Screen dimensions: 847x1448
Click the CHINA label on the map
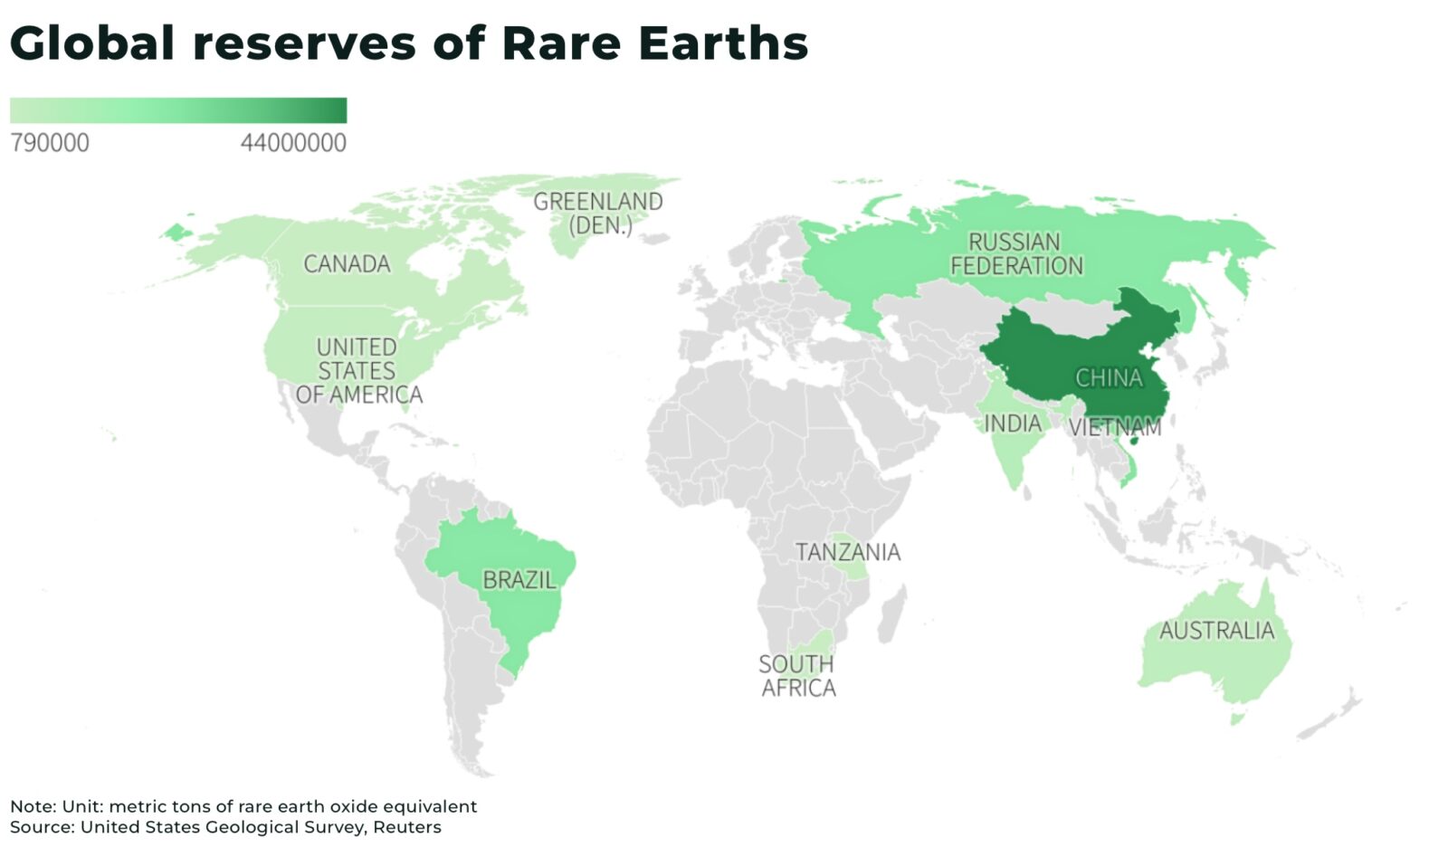pyautogui.click(x=1109, y=377)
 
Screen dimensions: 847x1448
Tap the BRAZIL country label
pyautogui.click(x=519, y=579)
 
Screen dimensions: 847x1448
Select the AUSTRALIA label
pyautogui.click(x=1216, y=630)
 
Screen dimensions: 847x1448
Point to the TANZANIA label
pyautogui.click(x=847, y=552)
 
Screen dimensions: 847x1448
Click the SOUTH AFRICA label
pyautogui.click(x=797, y=676)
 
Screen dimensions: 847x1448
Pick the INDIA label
pyautogui.click(x=1013, y=423)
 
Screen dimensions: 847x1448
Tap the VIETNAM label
pyautogui.click(x=1115, y=427)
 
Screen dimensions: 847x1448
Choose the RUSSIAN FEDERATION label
pyautogui.click(x=1015, y=254)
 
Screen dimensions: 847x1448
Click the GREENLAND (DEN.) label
pyautogui.click(x=598, y=214)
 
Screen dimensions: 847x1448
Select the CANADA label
pyautogui.click(x=347, y=264)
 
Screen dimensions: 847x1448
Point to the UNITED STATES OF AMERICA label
pyautogui.click(x=358, y=371)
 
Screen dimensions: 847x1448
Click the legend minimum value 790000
pyautogui.click(x=50, y=143)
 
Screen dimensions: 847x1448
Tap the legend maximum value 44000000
pyautogui.click(x=293, y=143)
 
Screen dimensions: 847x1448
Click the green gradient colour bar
pyautogui.click(x=178, y=110)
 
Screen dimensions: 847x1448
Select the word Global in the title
pyautogui.click(x=92, y=43)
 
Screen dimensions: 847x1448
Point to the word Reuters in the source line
pyautogui.click(x=407, y=827)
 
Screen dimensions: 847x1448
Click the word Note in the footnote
pyautogui.click(x=32, y=806)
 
